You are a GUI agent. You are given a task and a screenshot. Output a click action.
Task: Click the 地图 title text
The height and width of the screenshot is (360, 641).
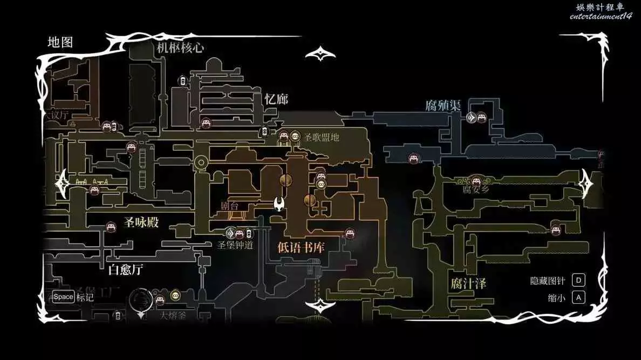tap(60, 42)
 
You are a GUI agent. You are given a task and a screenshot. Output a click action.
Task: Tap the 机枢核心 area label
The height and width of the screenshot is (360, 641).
tap(180, 47)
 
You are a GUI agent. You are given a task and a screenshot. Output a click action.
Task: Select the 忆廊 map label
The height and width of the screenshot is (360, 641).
tap(276, 99)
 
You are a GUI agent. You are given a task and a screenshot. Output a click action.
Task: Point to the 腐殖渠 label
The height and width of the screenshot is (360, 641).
tap(442, 105)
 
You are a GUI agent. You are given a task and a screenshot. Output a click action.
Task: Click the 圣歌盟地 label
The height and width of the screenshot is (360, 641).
tap(322, 137)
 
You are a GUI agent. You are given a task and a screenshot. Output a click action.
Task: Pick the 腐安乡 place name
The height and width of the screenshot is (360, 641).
tap(475, 189)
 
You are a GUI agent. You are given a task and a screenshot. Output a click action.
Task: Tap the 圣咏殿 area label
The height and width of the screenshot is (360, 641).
tap(141, 222)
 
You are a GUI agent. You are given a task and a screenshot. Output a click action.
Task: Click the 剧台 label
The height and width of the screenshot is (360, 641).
tap(230, 206)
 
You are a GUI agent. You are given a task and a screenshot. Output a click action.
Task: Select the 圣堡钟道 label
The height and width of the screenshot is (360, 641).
tap(235, 245)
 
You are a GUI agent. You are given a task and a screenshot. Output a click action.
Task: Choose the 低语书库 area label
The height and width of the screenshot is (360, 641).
tap(301, 247)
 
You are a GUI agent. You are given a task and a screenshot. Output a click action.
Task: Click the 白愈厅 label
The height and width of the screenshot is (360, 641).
tap(126, 269)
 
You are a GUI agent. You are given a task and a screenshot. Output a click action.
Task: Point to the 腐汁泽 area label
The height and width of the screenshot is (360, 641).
tap(468, 283)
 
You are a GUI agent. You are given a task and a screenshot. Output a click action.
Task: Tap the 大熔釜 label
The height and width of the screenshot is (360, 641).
tap(173, 316)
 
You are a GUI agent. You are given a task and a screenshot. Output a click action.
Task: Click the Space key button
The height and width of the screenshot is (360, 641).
tap(63, 297)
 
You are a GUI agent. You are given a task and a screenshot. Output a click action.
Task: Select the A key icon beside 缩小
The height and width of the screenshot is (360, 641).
tap(578, 297)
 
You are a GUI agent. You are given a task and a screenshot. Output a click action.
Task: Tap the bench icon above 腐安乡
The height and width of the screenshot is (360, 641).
tap(475, 180)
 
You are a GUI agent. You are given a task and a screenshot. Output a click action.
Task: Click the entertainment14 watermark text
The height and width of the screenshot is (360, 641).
tap(600, 16)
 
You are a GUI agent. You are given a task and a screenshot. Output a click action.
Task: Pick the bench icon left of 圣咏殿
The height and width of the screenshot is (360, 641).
tap(111, 227)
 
